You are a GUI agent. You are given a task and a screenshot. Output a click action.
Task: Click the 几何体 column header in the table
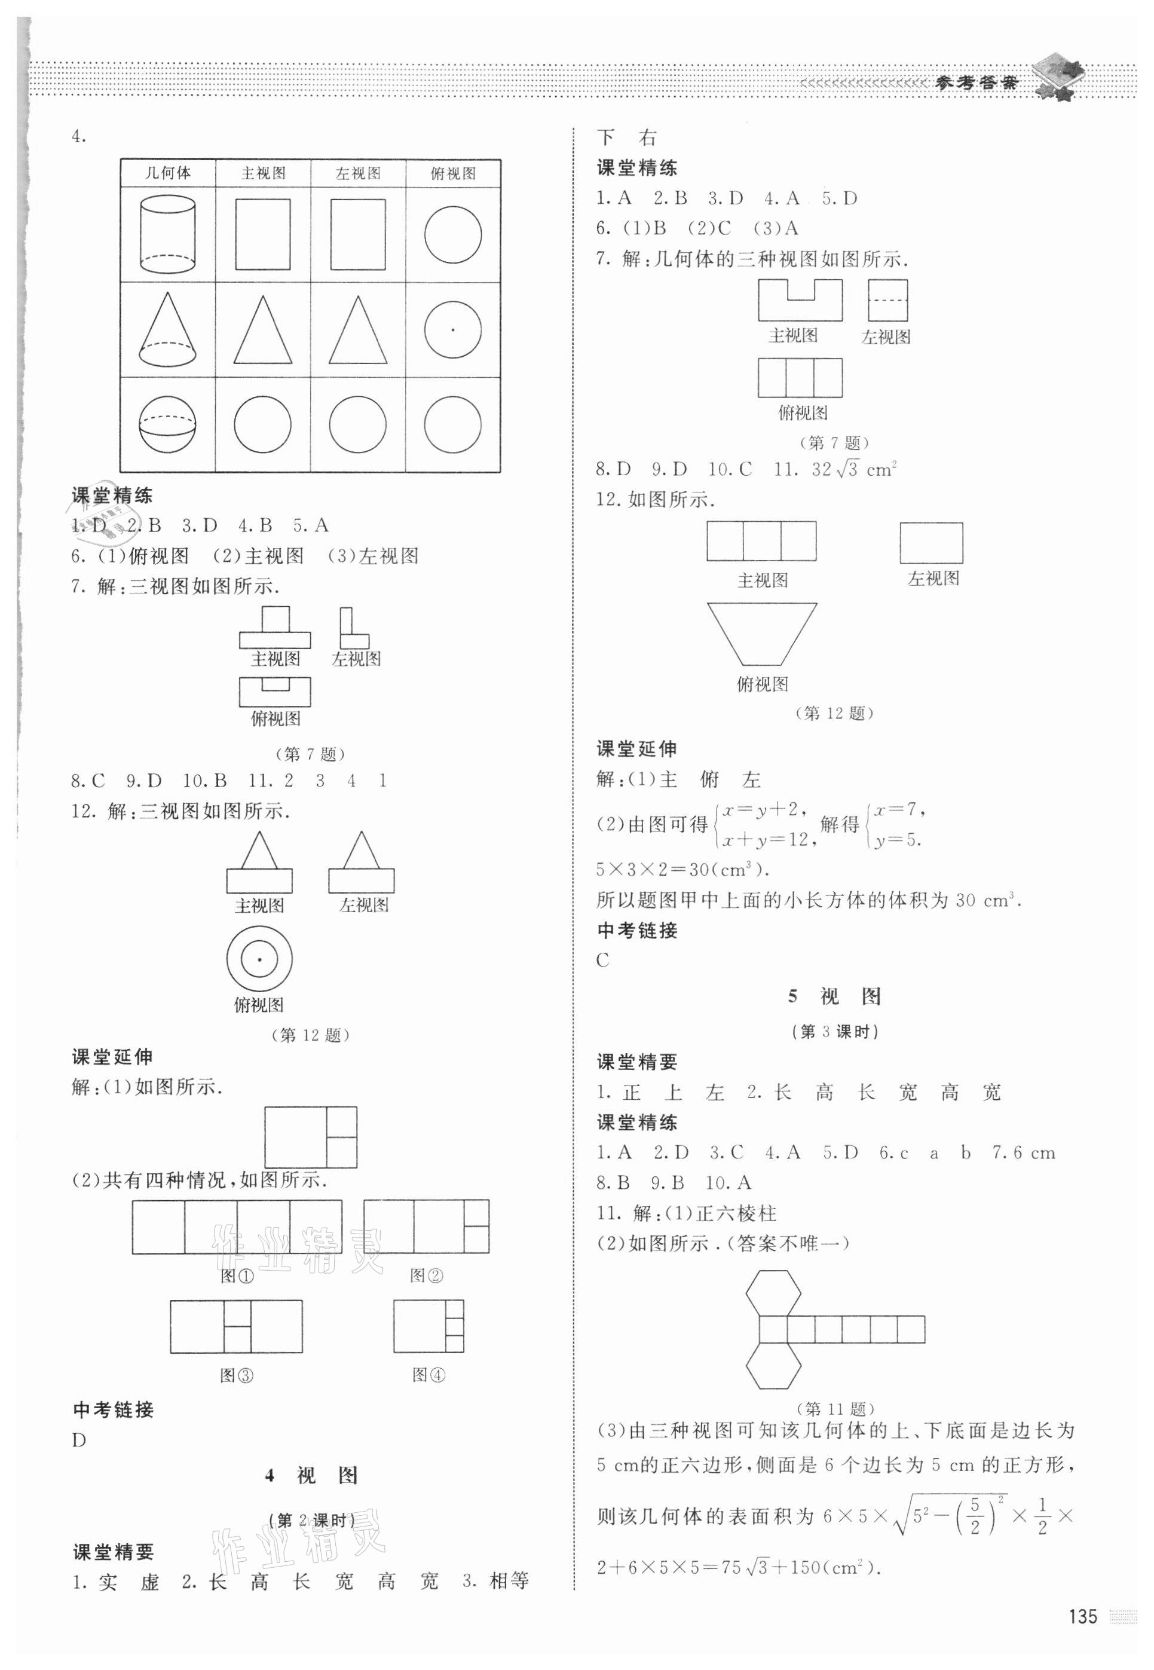click(168, 173)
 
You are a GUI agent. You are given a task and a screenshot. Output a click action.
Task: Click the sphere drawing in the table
click(168, 424)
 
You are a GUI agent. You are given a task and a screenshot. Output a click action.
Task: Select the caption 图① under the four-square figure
click(237, 1276)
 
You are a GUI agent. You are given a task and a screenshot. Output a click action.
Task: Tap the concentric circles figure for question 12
click(259, 960)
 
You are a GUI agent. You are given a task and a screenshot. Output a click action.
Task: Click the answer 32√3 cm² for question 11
click(854, 470)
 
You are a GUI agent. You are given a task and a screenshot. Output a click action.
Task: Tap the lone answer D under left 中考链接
click(79, 1440)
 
